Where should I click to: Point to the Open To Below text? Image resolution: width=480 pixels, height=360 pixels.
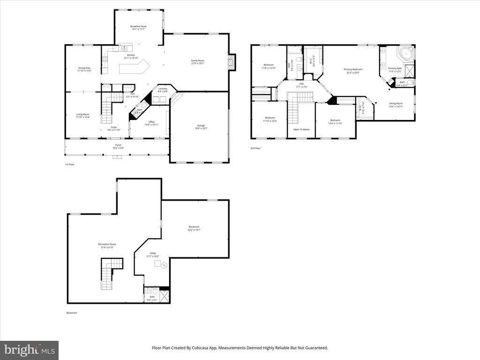tap(301, 129)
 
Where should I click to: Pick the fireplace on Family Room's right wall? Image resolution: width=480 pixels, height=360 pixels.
tap(232, 62)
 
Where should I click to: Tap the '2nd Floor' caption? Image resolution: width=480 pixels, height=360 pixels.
tap(255, 148)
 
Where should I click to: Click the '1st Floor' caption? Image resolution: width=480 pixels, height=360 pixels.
tap(69, 165)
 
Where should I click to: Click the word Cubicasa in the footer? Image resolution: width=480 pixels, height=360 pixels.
tap(209, 348)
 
